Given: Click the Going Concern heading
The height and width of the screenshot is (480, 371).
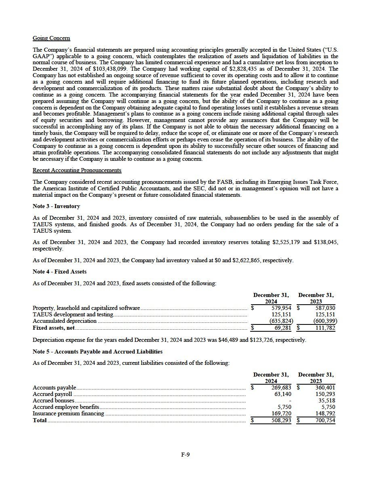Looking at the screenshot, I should pos(51,38).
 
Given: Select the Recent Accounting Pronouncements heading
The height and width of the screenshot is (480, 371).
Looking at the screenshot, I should pos(77,171).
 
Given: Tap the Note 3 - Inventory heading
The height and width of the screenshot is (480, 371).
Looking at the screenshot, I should pos(56,206).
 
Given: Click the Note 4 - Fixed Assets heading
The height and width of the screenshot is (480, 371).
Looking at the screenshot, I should pos(59,272).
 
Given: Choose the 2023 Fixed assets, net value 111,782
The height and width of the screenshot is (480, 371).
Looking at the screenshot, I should pos(325,328).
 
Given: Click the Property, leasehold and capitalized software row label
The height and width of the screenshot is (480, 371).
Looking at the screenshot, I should pos(86,308).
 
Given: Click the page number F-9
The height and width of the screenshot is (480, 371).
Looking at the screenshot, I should pos(185,455).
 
